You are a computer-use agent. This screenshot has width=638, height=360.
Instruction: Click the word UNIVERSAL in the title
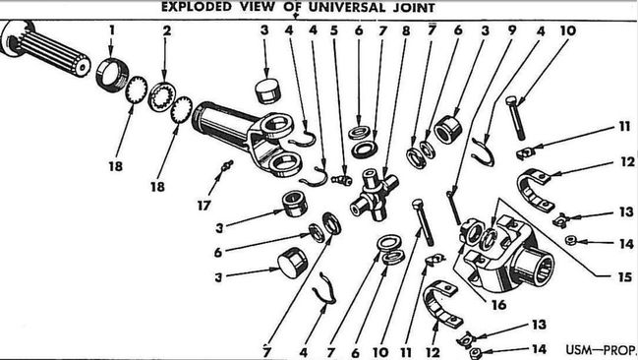(x=345, y=7)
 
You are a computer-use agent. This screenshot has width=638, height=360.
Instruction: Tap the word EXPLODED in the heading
(x=197, y=7)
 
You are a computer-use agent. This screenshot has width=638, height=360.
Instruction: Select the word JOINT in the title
(x=414, y=8)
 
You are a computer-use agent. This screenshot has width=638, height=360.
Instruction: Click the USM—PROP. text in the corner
(x=601, y=349)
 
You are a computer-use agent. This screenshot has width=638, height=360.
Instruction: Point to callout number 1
(x=112, y=30)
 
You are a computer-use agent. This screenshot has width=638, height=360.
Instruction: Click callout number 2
(x=166, y=30)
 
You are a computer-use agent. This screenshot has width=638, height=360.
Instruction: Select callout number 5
(x=334, y=30)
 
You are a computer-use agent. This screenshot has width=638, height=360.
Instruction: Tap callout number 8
(x=406, y=30)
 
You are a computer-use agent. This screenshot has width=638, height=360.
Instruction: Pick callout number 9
(x=511, y=30)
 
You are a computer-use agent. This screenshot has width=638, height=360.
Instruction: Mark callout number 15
(x=625, y=277)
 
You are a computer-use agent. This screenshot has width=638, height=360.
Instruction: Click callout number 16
(x=498, y=304)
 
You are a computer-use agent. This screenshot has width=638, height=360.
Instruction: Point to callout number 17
(x=203, y=205)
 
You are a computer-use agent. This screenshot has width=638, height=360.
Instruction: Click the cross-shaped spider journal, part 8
(x=374, y=194)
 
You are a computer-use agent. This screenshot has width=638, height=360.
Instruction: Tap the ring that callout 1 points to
(x=111, y=76)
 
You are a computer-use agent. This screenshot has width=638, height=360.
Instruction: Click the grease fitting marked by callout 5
(x=342, y=179)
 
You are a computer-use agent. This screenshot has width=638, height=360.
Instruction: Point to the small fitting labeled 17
(x=227, y=166)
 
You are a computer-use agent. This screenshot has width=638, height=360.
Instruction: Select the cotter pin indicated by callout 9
(x=453, y=208)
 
